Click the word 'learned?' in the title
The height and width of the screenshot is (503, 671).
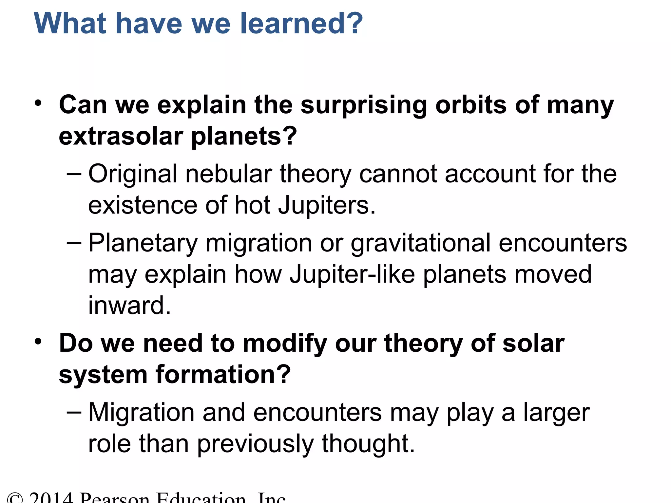point(301,24)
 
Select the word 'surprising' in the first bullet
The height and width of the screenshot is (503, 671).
point(364,105)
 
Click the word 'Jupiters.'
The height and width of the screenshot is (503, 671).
point(327,206)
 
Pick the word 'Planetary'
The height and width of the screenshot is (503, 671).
point(143,244)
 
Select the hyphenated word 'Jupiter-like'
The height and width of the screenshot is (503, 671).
point(352,274)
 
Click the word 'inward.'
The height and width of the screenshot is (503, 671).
point(130,305)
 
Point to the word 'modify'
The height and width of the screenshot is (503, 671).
point(284,344)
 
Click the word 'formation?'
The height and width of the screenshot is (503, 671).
point(223,375)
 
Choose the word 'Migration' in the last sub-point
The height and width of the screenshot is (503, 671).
point(142,413)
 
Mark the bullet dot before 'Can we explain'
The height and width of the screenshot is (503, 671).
point(38,103)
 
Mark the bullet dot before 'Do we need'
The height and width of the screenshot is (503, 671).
point(38,342)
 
